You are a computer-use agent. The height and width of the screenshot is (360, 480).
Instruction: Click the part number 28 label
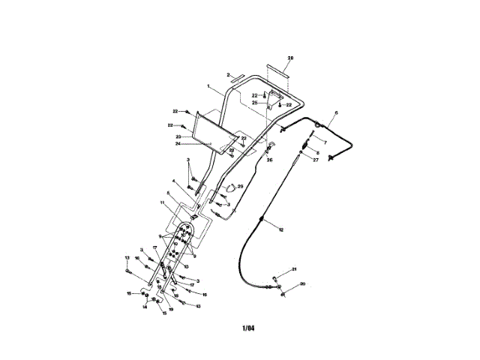coord(291,57)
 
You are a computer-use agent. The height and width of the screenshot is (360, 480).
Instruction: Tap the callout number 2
coord(227,75)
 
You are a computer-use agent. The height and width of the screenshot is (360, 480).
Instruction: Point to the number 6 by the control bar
coord(336,113)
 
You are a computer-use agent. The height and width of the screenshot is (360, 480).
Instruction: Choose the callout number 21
coord(295,269)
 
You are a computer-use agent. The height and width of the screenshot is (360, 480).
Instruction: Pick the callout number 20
coord(303,283)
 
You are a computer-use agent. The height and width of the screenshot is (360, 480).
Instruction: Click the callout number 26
coord(271,159)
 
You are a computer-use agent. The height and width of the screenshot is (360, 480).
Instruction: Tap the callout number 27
coord(316,160)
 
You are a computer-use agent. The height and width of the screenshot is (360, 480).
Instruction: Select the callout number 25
coord(254,102)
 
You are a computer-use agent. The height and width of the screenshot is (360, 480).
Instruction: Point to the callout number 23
coord(178,136)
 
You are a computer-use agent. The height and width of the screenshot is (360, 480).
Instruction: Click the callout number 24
coord(178,143)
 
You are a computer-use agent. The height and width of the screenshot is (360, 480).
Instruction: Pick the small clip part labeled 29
coord(229,188)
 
